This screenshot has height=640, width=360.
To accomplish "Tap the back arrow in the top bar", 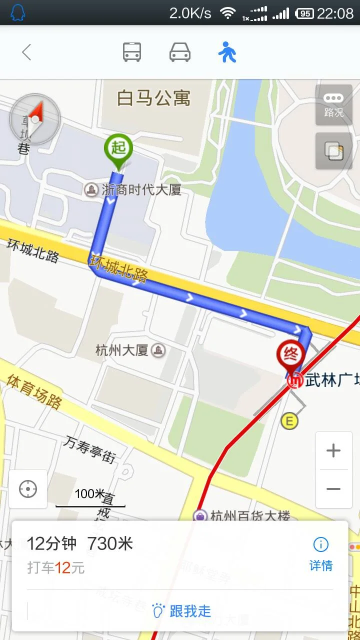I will click(26, 52).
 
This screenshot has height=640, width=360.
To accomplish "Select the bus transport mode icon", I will click(132, 52).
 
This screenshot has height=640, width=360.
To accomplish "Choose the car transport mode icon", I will click(180, 52).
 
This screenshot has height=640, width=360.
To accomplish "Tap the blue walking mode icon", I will click(227, 52).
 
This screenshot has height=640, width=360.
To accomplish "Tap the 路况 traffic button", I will click(334, 105).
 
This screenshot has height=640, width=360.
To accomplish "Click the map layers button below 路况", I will click(334, 151).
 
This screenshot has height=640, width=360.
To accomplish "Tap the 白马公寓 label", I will click(153, 98).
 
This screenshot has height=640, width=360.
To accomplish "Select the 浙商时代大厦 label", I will click(140, 190).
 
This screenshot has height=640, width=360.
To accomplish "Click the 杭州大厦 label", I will click(122, 350).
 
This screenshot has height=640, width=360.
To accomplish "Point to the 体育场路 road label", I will click(34, 390).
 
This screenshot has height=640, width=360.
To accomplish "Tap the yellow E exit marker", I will click(289, 421).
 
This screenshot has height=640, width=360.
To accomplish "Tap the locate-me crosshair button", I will click(28, 489).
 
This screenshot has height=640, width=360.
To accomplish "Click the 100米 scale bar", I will click(90, 498).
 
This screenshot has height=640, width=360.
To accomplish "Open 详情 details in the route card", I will click(320, 554).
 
